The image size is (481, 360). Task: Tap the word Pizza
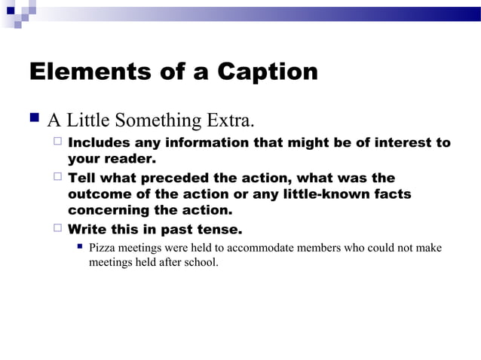coord(102,248)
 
